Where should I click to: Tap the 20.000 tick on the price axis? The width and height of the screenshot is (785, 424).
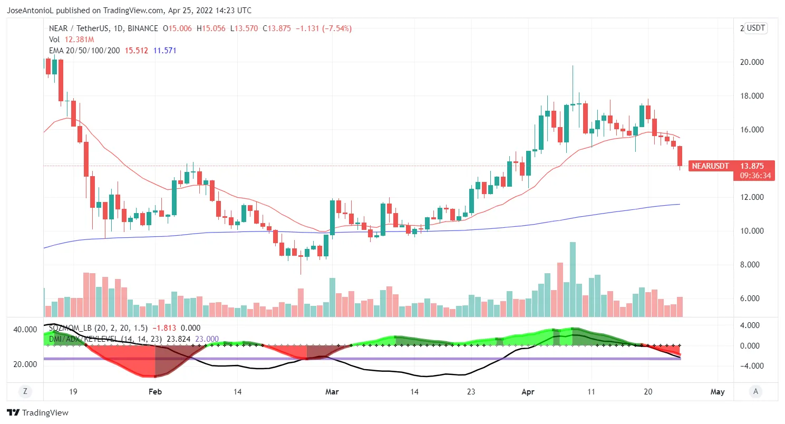[x=752, y=62]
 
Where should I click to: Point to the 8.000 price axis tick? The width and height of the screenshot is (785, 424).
[x=752, y=265]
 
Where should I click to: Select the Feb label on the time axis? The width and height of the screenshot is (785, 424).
[x=154, y=392]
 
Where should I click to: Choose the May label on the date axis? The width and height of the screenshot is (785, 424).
[x=718, y=392]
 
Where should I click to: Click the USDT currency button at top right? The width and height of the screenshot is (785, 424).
[x=756, y=28]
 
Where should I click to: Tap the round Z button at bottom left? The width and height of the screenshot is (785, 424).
[x=25, y=391]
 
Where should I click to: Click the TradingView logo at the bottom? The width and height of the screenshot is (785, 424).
[x=37, y=413]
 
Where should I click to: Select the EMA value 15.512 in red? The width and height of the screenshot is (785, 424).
[x=136, y=51]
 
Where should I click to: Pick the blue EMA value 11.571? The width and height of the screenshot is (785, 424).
[x=164, y=51]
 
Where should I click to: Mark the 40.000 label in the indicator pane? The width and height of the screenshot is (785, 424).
[x=25, y=330]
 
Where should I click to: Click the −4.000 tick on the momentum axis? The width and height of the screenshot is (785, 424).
[x=752, y=366]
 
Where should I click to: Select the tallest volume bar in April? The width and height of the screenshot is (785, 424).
[x=573, y=280]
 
